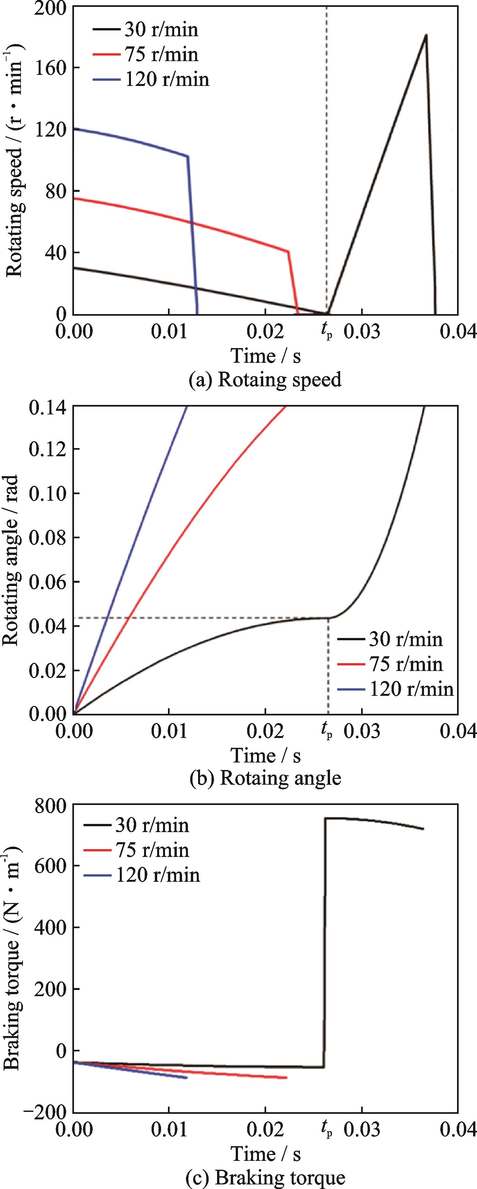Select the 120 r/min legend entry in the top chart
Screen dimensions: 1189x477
tap(151, 79)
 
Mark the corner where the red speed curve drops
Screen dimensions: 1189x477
tap(288, 252)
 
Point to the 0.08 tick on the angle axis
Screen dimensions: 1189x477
tap(48, 538)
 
